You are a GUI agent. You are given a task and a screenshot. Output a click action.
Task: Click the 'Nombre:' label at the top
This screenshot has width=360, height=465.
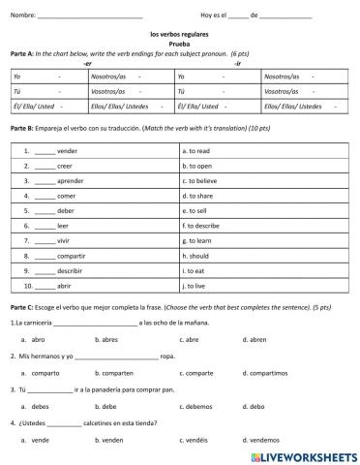coord(23,15)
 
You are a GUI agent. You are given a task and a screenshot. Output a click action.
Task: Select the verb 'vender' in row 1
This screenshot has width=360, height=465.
coord(67,151)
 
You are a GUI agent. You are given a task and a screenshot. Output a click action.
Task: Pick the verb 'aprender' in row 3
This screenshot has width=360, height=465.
coord(71,180)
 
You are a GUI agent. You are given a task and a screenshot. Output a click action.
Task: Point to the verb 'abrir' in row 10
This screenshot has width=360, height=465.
coord(66,286)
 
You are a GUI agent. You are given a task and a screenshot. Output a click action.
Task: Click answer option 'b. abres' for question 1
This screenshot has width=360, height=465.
coord(106,339)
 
